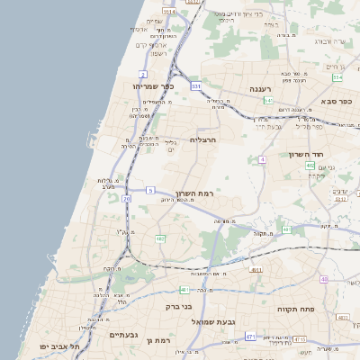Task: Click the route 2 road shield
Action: (143, 73)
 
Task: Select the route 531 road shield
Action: (196, 85)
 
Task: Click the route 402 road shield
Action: (310, 166)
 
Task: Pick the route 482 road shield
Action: (159, 238)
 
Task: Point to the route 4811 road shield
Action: (256, 269)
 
